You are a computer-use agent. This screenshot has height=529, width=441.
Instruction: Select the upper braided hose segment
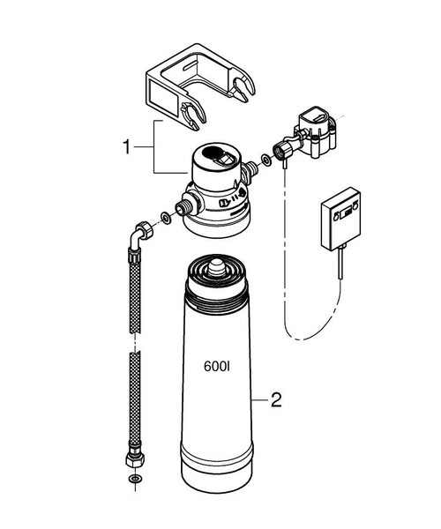click(133, 291)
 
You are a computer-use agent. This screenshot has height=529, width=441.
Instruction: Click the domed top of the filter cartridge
click(213, 273)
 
